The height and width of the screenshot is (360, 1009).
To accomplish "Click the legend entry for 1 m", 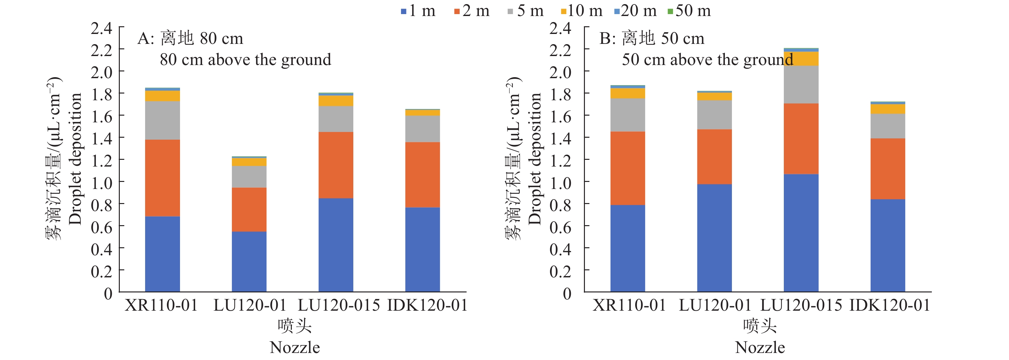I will [418, 11].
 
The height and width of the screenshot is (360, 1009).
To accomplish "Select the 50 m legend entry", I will [689, 11].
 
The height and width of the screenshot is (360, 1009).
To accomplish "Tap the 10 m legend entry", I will [582, 11].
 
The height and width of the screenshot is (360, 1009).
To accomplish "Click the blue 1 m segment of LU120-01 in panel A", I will [249, 261].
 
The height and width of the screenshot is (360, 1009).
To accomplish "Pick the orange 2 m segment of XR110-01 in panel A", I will [162, 178].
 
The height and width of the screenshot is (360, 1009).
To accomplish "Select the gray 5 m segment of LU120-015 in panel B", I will [801, 85].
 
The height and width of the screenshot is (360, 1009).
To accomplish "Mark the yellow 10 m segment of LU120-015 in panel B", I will [801, 58].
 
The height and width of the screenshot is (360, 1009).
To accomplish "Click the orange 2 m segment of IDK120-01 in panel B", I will [888, 169].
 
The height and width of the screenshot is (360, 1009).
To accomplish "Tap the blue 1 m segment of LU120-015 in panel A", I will [336, 245].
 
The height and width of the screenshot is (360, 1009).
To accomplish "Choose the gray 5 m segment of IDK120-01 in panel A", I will [422, 129].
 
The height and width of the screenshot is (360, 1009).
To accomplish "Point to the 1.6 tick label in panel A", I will [102, 116].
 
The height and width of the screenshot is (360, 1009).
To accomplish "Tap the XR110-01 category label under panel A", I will [161, 305].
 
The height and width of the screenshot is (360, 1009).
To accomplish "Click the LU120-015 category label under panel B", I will [801, 305].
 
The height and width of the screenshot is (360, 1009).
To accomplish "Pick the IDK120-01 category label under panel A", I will [427, 305].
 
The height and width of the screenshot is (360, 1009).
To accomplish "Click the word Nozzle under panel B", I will [760, 348].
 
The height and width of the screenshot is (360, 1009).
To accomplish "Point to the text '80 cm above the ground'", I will [245, 60].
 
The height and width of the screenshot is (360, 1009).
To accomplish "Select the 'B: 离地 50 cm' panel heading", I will [652, 38].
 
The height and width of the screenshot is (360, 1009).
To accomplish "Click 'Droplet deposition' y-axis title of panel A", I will [75, 159].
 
